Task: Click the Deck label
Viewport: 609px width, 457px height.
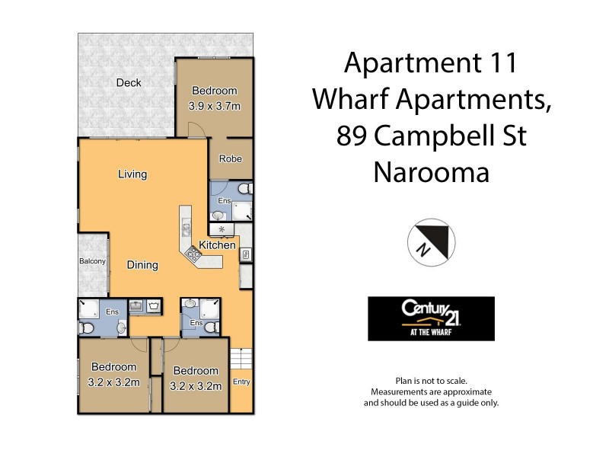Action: coord(129,83)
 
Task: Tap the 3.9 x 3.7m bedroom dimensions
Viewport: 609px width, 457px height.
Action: coord(215,106)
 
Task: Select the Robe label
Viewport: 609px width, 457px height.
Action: coord(230,159)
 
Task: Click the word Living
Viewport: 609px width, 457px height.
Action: coord(132,174)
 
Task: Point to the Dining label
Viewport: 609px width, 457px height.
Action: coord(142,265)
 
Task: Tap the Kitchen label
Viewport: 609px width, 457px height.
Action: coord(217,244)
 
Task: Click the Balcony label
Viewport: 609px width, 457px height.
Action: coord(92,261)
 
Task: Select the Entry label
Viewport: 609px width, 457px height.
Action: coord(241,382)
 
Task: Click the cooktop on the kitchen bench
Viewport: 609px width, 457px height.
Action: coord(193,255)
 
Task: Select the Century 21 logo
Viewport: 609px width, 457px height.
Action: coord(431,318)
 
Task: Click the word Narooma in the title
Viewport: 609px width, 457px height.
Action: coord(431,172)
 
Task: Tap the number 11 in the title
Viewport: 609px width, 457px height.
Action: coord(498,62)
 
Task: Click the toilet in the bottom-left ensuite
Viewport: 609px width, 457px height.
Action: coord(87,328)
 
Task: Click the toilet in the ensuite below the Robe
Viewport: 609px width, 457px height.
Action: coord(243,188)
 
